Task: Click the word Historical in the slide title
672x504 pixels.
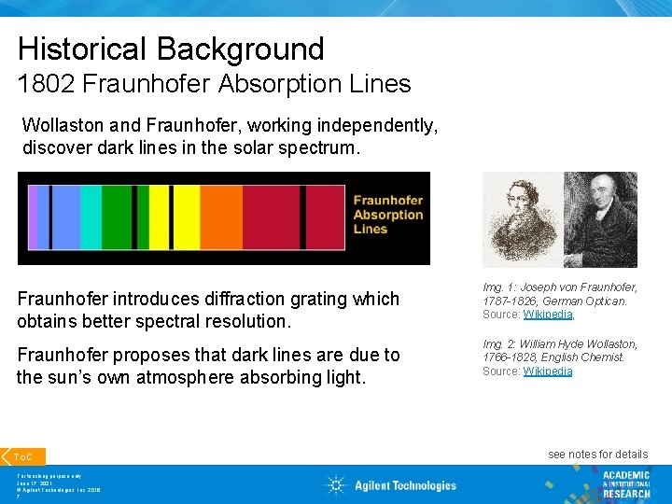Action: coord(77,49)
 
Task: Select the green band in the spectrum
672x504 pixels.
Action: coord(118,217)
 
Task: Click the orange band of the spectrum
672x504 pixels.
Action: coord(221,217)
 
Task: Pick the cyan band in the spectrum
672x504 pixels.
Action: coord(91,217)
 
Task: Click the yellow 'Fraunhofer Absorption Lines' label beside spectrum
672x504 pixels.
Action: coord(387,215)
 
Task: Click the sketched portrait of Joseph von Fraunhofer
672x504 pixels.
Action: coord(520,219)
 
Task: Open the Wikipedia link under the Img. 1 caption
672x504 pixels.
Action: coord(547,315)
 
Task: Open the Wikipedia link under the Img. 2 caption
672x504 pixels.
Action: coord(547,371)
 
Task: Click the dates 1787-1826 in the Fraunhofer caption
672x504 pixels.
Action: coord(508,301)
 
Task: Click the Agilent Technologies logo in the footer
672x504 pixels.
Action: coord(392,484)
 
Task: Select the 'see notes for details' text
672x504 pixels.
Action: coord(597,455)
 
